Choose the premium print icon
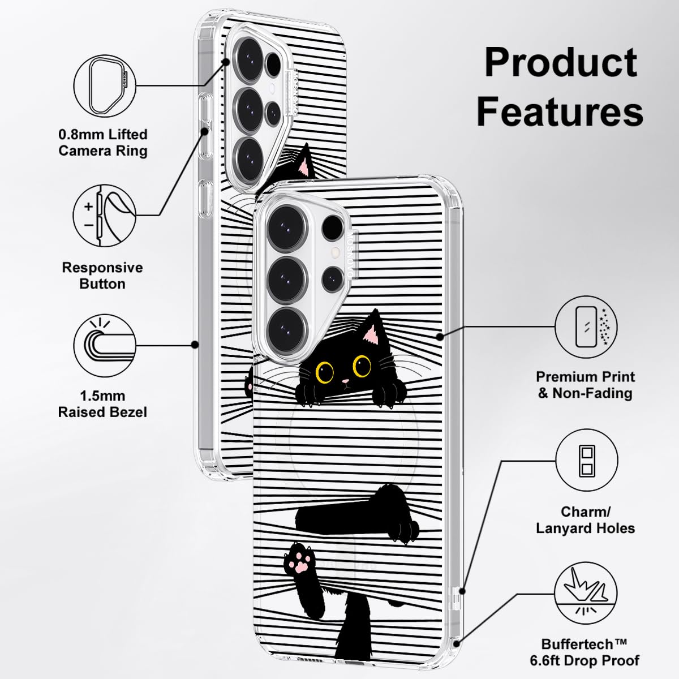586,327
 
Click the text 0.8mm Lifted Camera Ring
103,143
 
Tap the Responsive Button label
102,275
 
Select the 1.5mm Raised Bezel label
102,403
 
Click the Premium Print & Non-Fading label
586,384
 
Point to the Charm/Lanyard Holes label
586,520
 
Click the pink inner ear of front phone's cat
371,335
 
